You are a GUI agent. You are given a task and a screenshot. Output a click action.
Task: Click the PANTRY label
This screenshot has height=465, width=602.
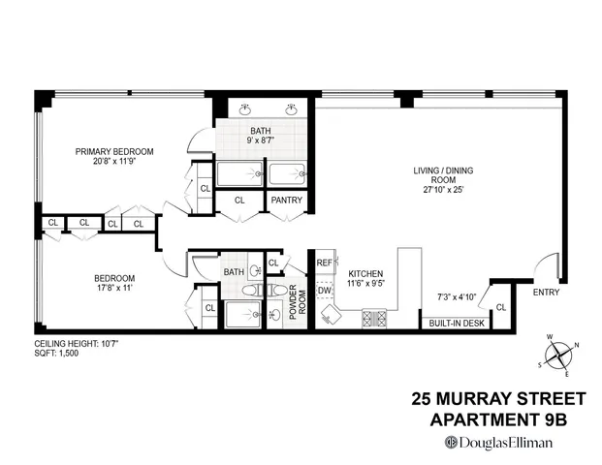click(287, 201)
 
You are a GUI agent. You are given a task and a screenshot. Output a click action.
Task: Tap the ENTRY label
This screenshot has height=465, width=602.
click(546, 292)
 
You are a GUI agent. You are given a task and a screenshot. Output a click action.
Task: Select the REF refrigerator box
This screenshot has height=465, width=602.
click(325, 263)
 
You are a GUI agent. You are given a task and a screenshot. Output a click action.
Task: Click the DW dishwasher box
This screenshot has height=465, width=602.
click(325, 289)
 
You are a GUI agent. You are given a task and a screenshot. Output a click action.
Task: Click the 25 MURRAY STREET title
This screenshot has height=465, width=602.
click(498, 399)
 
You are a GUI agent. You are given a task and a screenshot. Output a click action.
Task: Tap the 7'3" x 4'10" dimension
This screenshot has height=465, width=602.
click(456, 296)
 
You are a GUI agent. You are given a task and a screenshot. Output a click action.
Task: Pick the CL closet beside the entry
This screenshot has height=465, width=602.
click(500, 307)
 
